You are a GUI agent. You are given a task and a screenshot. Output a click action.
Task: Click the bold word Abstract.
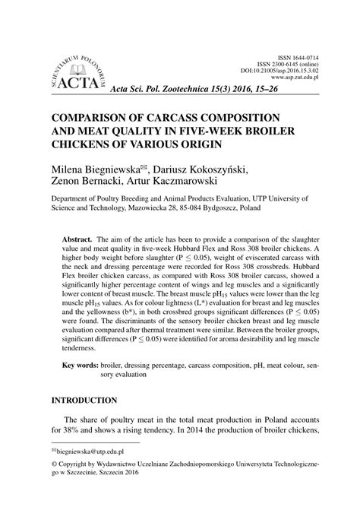click(x=77, y=237)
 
